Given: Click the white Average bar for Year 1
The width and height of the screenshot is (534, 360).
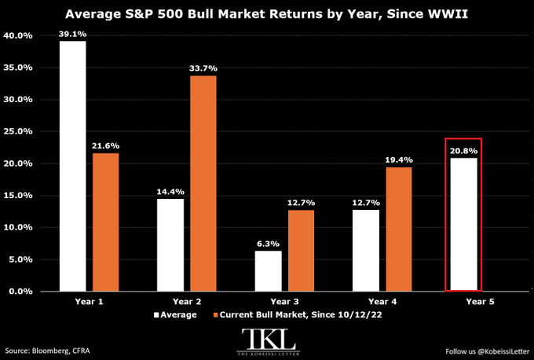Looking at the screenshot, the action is pyautogui.click(x=72, y=166).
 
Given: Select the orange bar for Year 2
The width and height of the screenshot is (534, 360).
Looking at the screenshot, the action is pyautogui.click(x=203, y=183).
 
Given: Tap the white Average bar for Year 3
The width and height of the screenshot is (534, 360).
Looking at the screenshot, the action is pyautogui.click(x=269, y=271).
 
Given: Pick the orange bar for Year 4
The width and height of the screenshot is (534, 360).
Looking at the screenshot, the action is pyautogui.click(x=399, y=229).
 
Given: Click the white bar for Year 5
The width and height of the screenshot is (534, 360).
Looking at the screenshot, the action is pyautogui.click(x=463, y=224).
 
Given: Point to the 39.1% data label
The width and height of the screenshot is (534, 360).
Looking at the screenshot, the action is pyautogui.click(x=72, y=35).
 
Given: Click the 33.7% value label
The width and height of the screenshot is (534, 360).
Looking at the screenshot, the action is pyautogui.click(x=203, y=68).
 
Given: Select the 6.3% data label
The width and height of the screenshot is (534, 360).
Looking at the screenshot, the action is pyautogui.click(x=269, y=244).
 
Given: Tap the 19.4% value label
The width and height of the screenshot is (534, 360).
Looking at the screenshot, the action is pyautogui.click(x=399, y=160).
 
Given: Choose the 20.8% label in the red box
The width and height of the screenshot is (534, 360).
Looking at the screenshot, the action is pyautogui.click(x=463, y=151).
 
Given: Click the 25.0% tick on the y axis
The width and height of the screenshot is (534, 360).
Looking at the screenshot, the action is pyautogui.click(x=18, y=131).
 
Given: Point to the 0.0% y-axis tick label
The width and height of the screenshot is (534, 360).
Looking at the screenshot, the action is pyautogui.click(x=20, y=292).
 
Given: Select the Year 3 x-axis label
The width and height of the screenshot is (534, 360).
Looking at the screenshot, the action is pyautogui.click(x=285, y=302).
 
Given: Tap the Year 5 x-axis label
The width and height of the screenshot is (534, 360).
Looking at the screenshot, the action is pyautogui.click(x=480, y=302).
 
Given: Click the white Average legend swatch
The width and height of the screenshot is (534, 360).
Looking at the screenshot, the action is pyautogui.click(x=156, y=315).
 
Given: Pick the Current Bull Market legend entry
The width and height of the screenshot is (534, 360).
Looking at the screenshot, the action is pyautogui.click(x=298, y=314).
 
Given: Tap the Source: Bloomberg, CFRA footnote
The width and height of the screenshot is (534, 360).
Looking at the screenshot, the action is pyautogui.click(x=47, y=351).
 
